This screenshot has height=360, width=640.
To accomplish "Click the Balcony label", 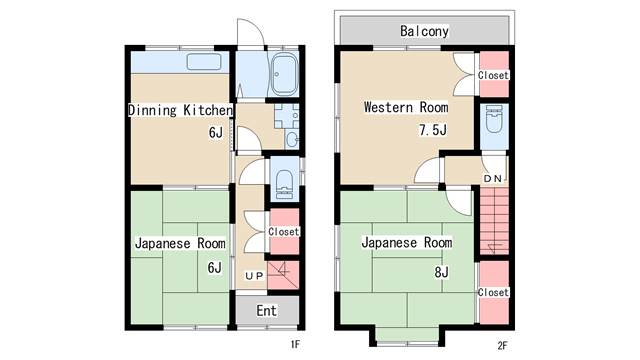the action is [424, 31].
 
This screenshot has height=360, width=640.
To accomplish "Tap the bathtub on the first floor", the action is [284, 74].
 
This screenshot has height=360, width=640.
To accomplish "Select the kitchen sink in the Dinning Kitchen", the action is [204, 62].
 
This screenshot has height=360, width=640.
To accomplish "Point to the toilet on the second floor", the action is [494, 120].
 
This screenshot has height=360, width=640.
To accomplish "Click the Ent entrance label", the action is [267, 311].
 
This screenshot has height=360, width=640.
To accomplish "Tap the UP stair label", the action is [254, 276].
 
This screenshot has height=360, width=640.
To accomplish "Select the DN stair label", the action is [493, 179].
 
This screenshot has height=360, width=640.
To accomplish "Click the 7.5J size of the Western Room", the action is [433, 130].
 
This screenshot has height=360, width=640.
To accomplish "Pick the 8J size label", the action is [442, 272].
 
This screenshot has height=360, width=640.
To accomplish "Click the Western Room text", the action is [406, 107].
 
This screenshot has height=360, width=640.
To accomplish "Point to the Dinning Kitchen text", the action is [180, 110].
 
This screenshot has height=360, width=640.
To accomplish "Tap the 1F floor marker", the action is [295, 345].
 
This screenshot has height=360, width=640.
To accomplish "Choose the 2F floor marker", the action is [502, 346].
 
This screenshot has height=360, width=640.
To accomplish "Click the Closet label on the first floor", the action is [284, 232].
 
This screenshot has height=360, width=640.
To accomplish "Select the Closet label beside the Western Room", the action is [493, 76].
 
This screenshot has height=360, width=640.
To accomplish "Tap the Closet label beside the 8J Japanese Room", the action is [493, 293].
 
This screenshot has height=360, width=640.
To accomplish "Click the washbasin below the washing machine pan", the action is [292, 140].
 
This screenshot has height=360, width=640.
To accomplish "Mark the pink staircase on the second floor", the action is [494, 221].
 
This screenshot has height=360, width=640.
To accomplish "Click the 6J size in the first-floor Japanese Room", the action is [215, 268].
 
